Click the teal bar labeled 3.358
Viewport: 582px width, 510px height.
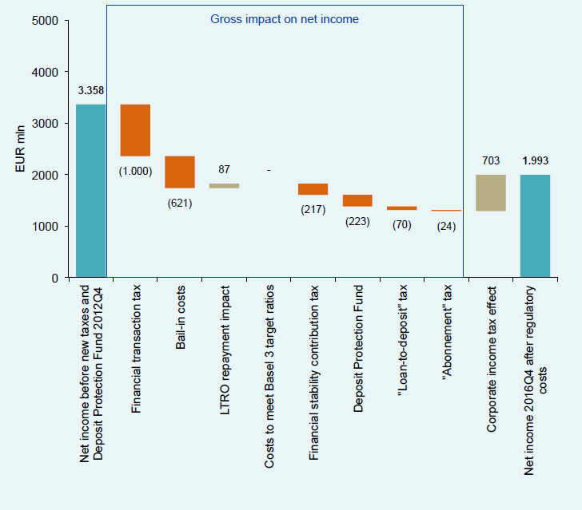[91, 191]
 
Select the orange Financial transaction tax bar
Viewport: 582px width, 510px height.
[135, 130]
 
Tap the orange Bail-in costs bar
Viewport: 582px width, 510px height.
[180, 172]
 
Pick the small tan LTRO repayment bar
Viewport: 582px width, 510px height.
[224, 186]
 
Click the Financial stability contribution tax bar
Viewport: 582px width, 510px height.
[313, 189]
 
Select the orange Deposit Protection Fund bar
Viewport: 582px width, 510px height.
[357, 200]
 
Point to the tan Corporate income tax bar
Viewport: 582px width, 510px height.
[491, 192]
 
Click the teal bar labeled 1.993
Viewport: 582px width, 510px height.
[536, 226]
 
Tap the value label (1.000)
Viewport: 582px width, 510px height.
[135, 172]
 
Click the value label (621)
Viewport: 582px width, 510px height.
[180, 203]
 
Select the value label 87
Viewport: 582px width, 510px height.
[224, 169]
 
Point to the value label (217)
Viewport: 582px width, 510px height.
[313, 209]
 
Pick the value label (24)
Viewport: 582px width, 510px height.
[446, 226]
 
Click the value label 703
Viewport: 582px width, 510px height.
[491, 160]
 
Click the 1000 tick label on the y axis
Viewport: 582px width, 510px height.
[45, 227]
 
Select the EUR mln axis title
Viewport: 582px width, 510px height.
[20, 148]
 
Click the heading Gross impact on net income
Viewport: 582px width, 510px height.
[285, 19]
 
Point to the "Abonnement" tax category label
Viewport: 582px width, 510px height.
[447, 333]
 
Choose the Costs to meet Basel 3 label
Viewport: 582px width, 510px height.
[269, 376]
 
